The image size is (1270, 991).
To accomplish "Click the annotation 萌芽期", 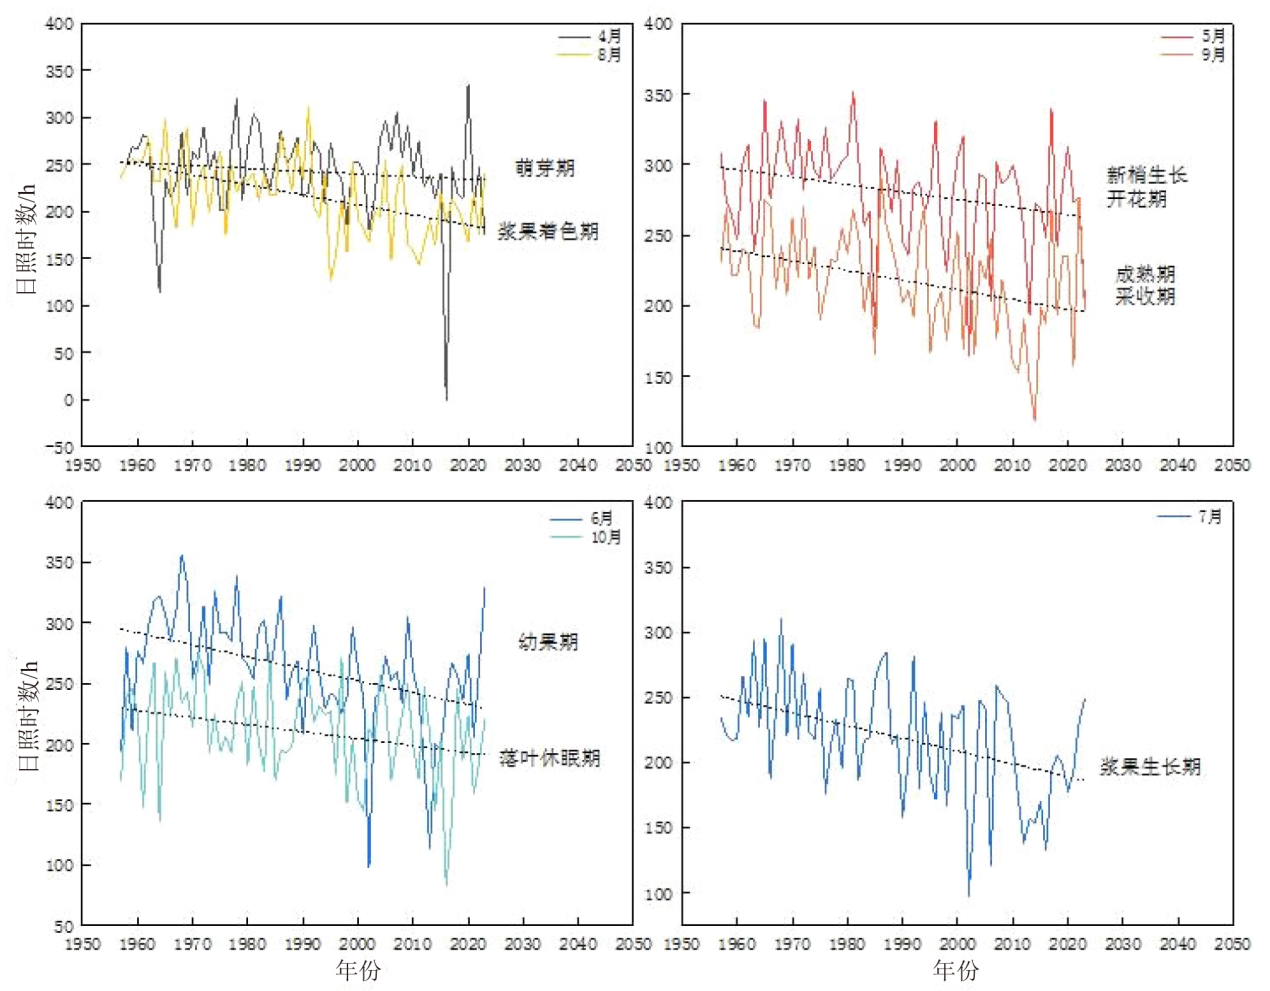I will click(x=545, y=168).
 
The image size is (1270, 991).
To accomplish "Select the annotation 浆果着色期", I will click(x=548, y=231).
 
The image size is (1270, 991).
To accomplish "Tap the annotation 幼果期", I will click(x=548, y=641).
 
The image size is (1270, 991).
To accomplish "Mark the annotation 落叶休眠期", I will click(x=550, y=757).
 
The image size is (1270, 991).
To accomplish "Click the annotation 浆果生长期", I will click(x=1150, y=766).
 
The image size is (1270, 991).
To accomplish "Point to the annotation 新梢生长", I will click(x=1147, y=175).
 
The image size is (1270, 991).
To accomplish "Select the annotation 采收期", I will click(x=1145, y=296).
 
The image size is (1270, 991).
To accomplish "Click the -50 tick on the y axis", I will click(x=62, y=447).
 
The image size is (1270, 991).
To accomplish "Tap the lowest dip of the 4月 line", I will click(x=446, y=400).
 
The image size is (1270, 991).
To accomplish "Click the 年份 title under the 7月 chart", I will click(x=956, y=969).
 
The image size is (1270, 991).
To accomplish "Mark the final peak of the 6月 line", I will click(x=485, y=588).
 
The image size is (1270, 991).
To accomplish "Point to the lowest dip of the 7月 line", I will click(x=968, y=896).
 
